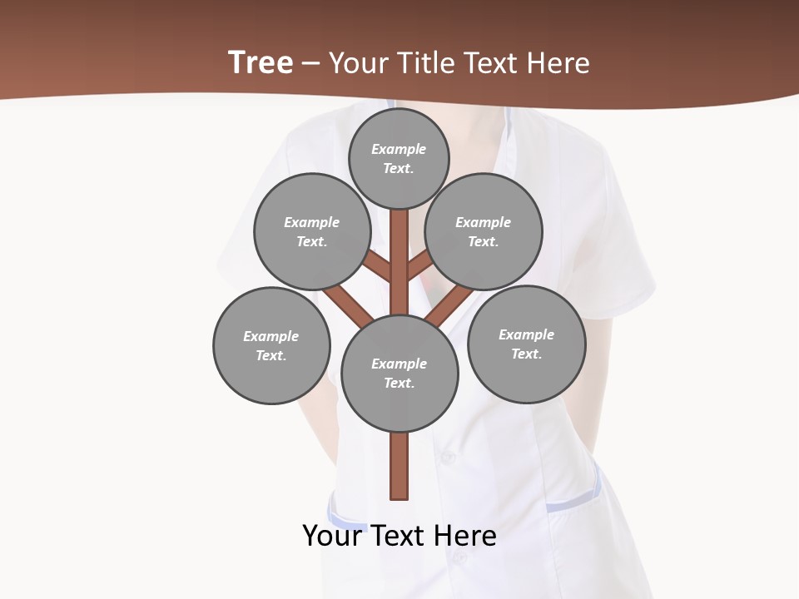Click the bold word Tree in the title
(261, 63)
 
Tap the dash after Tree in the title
(310, 64)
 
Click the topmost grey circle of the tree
(399, 158)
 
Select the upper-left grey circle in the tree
(312, 231)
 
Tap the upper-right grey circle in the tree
(484, 231)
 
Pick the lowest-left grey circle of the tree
(271, 345)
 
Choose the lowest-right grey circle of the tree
(526, 344)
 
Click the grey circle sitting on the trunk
(399, 373)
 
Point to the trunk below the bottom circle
(399, 466)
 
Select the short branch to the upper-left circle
(379, 267)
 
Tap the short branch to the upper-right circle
(419, 267)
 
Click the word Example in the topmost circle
(399, 149)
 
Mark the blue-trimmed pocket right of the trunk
(574, 499)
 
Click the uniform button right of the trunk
(448, 457)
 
